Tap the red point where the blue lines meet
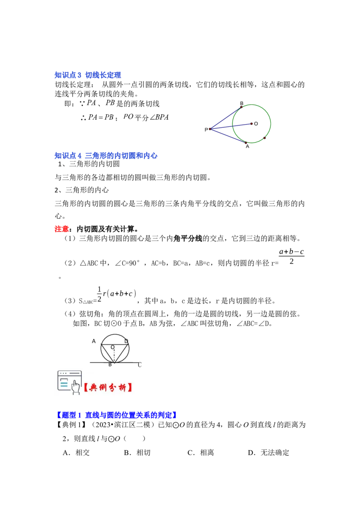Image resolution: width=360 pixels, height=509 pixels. [x=210, y=129]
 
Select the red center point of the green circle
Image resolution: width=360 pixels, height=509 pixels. [x=251, y=123]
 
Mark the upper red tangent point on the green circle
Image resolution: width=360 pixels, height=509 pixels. [x=241, y=107]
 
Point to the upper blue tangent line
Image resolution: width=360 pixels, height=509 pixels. [x=225, y=118]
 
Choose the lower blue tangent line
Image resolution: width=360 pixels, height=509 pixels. [x=227, y=135]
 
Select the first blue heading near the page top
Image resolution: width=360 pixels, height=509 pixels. [x=88, y=75]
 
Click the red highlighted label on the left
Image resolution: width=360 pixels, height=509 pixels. [x=61, y=229]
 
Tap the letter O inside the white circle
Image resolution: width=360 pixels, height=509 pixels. [x=112, y=347]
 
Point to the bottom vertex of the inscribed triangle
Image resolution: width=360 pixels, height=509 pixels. [x=115, y=362]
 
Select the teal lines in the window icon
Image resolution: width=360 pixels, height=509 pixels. [x=64, y=384]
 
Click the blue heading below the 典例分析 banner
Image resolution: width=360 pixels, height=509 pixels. [x=117, y=415]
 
